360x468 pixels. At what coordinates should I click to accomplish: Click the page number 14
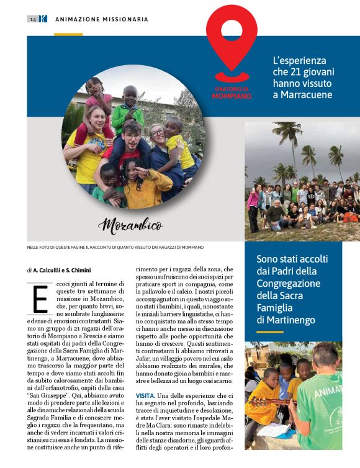pos(32,19)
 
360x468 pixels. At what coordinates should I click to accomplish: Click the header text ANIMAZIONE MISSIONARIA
pos(102,19)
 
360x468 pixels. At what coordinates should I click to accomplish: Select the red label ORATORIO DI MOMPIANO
pos(232,93)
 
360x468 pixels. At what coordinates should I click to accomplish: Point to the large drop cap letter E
pos(40,299)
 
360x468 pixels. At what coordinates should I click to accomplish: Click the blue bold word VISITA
pos(146,395)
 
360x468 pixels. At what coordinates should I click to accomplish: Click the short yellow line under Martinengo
pos(270,332)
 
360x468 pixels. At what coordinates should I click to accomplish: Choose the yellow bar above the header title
pos(68,34)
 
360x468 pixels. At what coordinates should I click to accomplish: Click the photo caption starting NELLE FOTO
pos(115,247)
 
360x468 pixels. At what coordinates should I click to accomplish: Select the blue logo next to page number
pos(43,19)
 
